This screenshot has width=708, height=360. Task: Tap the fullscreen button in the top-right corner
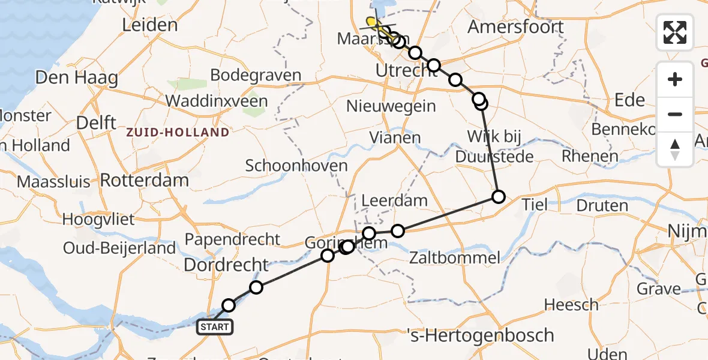click(675, 32)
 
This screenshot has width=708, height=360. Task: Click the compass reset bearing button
click(675, 149)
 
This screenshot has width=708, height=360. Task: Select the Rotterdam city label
click(145, 180)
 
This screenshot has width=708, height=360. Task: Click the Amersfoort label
click(515, 27)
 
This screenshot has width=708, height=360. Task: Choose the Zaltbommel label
click(455, 258)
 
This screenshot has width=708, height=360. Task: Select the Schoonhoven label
click(296, 166)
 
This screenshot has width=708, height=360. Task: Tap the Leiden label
click(149, 25)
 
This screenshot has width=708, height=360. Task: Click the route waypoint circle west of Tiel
click(499, 196)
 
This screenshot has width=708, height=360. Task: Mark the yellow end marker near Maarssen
click(371, 22)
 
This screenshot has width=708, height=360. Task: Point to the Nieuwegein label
click(391, 106)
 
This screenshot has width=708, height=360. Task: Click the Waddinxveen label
click(217, 101)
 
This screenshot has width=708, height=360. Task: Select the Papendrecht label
click(232, 239)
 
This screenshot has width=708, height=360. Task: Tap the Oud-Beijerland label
click(120, 248)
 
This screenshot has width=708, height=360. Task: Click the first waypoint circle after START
click(229, 305)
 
